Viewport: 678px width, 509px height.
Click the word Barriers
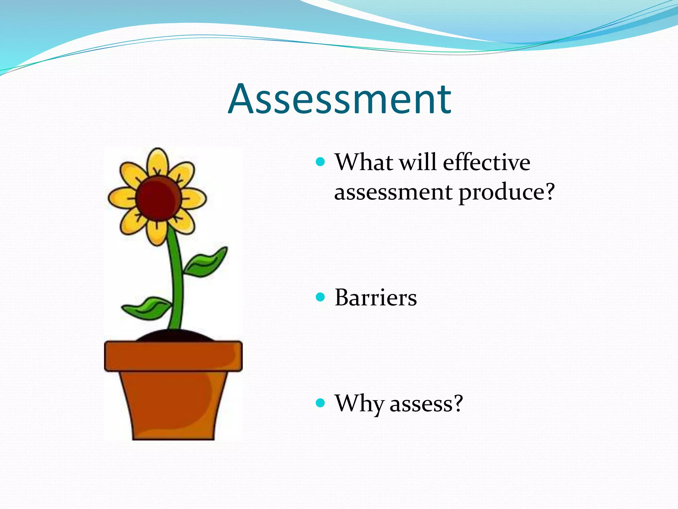point(375,298)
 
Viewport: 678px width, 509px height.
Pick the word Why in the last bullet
point(359,404)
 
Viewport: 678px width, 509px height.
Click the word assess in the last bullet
point(420,404)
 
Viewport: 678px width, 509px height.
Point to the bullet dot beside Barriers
point(320,297)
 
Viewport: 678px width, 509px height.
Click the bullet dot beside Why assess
point(320,403)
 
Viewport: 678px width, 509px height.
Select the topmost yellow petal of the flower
point(158,162)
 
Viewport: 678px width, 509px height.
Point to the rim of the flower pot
point(173,356)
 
